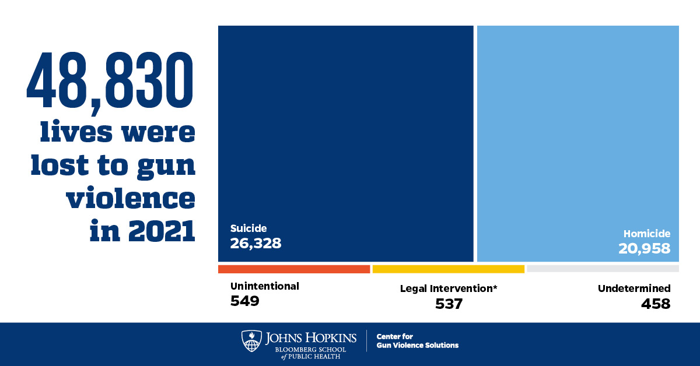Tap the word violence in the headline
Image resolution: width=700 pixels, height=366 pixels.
coord(130,199)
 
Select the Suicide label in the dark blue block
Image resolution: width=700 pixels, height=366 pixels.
coord(248,228)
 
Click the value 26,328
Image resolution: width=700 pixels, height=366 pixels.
coord(256,243)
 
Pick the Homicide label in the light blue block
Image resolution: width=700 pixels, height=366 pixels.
coord(646,234)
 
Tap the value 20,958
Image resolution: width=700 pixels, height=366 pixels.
coord(644,249)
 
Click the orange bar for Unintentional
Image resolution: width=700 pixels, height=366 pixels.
coord(294,269)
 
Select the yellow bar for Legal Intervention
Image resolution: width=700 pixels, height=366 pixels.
coord(449,269)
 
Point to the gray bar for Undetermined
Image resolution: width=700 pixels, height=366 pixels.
coord(603,269)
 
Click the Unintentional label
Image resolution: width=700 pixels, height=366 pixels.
coord(264,286)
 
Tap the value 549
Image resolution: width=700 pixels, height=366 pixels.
coord(244,301)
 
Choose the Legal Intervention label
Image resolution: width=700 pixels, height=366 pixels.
coord(449,288)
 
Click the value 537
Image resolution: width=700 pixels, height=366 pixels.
coord(449,304)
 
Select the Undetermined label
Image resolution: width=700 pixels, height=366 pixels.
coord(634,288)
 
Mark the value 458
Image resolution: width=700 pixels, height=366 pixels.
coord(656,304)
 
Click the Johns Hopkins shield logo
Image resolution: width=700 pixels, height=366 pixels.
coord(251,341)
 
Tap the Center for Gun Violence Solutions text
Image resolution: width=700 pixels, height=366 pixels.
coord(417,341)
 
